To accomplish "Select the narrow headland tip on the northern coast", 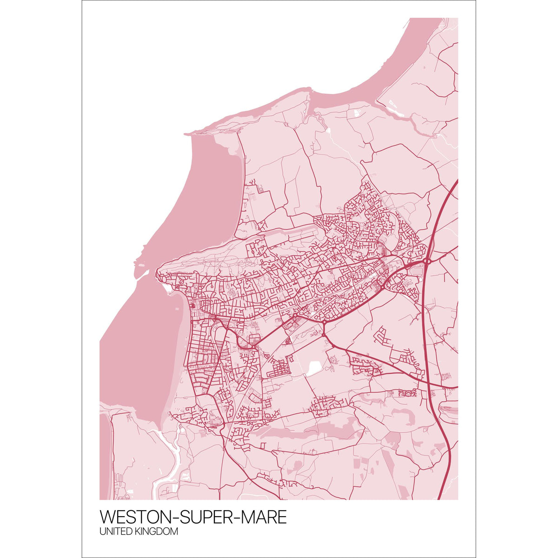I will tap(191, 133).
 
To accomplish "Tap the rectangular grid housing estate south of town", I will tap(279, 370).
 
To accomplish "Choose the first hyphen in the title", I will tap(169, 518).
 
